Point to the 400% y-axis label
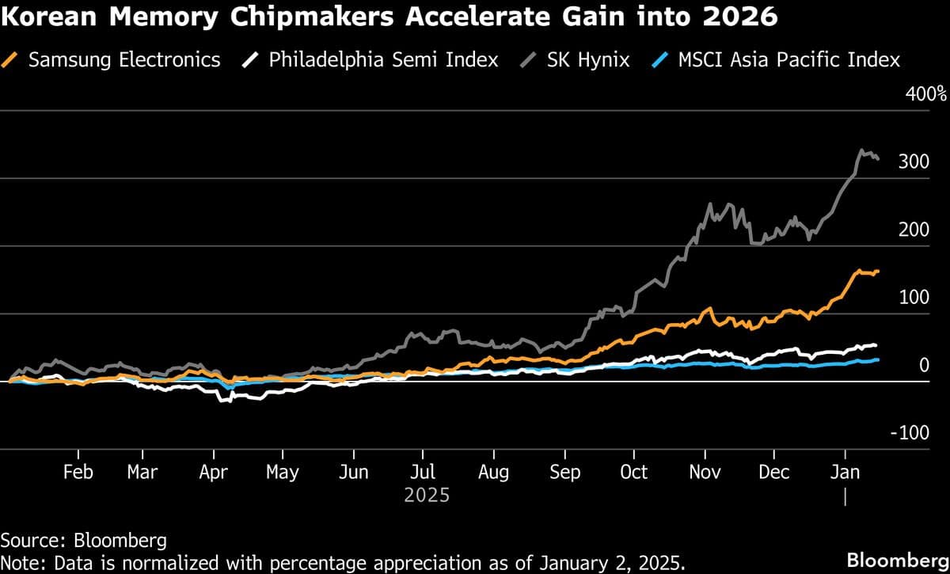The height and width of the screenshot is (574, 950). tap(925, 94)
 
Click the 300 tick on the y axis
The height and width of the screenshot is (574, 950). tap(914, 162)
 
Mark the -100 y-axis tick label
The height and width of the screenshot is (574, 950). tap(910, 433)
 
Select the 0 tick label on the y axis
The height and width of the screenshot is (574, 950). tap(923, 365)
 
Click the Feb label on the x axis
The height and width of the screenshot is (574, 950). tap(78, 473)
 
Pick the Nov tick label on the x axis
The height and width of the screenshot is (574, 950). tap(705, 473)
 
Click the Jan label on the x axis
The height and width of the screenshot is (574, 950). tap(845, 473)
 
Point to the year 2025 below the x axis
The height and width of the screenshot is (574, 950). tap(427, 496)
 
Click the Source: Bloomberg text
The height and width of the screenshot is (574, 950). tap(84, 541)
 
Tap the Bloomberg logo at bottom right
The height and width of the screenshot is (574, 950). tap(897, 560)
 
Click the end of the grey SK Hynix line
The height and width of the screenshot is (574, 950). tap(877, 159)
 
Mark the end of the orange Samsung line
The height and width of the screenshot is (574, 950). tap(877, 272)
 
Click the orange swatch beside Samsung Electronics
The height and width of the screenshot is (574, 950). tap(11, 60)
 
